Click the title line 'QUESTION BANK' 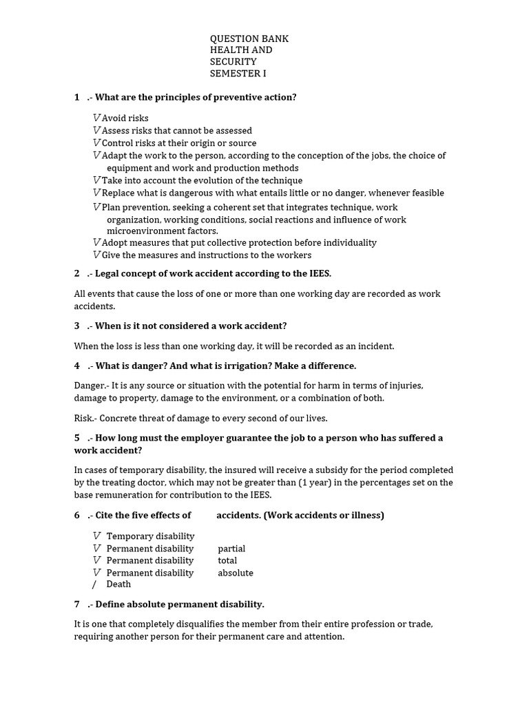point(249,39)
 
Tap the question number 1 point(77,97)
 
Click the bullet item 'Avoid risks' point(125,118)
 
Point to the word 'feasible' point(426,193)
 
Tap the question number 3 point(77,326)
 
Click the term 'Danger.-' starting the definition point(90,386)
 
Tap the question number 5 point(77,438)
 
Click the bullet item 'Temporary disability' point(150,536)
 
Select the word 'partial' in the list point(231,549)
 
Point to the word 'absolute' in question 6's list point(236,573)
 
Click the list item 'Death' point(118,585)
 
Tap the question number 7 point(77,604)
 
